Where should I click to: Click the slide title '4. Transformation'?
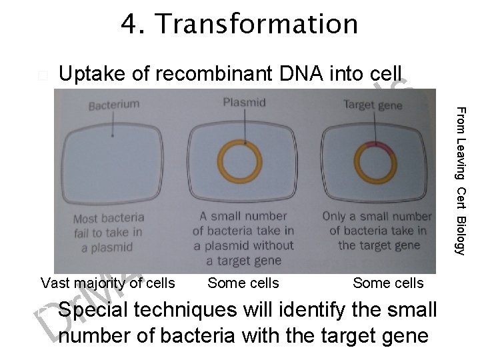(239, 25)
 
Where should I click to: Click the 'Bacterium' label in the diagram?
(113, 105)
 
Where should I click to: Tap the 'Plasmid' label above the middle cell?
(243, 102)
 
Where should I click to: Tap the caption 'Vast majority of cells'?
(108, 283)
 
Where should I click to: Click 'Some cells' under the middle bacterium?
(243, 283)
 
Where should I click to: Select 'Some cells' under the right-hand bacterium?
(388, 283)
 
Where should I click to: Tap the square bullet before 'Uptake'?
(43, 76)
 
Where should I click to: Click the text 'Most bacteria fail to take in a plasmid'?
(108, 232)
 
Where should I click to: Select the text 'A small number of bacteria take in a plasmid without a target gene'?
(243, 238)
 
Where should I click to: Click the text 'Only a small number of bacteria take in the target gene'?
(377, 231)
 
